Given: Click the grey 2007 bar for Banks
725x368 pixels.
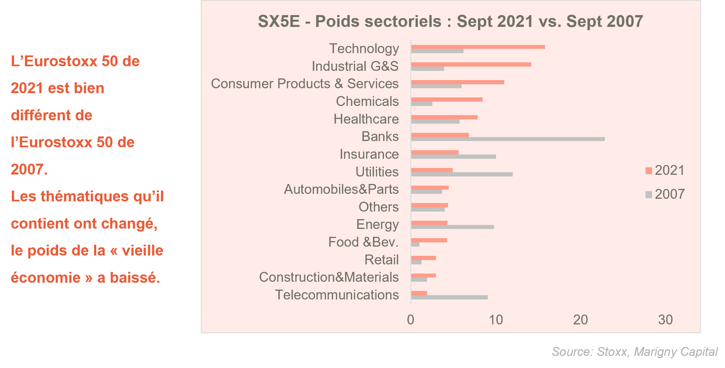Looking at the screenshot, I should (x=508, y=139).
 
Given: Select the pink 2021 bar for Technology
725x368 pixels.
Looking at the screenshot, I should (x=478, y=47).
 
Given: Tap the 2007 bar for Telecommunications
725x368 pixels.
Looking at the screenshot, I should (x=449, y=297).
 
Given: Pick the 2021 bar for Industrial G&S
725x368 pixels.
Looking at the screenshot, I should (x=471, y=65).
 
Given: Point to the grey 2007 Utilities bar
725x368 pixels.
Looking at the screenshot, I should (x=462, y=174).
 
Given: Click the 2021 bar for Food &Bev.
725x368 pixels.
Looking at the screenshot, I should (x=429, y=240).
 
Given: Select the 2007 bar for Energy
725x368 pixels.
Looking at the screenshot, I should (x=453, y=227).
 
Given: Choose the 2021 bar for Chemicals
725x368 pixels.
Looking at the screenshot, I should (x=447, y=100).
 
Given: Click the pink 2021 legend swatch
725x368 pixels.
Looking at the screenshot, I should (x=648, y=171).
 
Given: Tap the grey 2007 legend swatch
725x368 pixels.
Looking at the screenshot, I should (x=648, y=195).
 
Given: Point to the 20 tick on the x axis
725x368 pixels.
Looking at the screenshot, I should (x=580, y=320).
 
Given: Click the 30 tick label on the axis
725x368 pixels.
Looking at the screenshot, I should (x=666, y=320).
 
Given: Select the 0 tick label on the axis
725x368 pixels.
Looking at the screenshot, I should (x=411, y=320).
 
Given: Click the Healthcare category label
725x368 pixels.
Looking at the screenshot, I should (x=366, y=119).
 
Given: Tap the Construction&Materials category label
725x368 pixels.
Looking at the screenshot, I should (x=329, y=277).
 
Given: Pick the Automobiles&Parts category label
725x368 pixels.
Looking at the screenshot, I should (x=341, y=189).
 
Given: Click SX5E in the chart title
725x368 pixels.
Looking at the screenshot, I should (x=279, y=22).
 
